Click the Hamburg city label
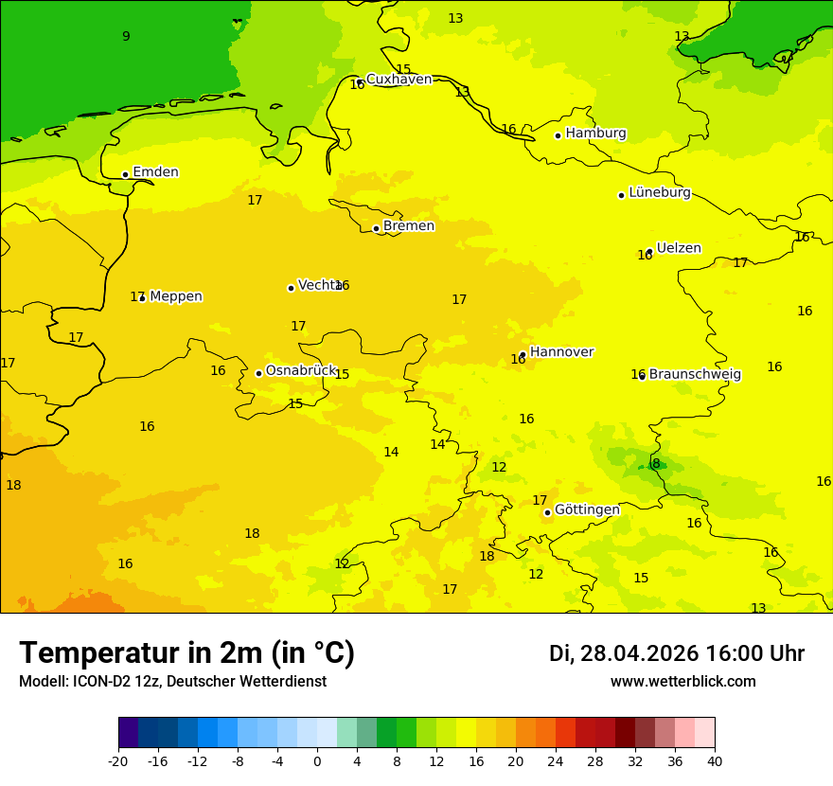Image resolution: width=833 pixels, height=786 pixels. coord(595,134)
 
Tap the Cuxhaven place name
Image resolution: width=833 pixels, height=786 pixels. coord(399,80)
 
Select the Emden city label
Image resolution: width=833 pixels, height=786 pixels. coord(155,172)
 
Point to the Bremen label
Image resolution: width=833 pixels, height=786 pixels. coord(409,226)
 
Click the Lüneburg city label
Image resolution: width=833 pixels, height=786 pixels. coord(659,193)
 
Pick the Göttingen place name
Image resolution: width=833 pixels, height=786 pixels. coord(587,509)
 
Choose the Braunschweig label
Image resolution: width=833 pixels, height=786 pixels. coord(695,374)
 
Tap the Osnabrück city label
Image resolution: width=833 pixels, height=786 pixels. coord(301,370)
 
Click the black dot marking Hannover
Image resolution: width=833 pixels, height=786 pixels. coord(523,355)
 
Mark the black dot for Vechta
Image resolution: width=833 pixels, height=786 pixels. coord(291,288)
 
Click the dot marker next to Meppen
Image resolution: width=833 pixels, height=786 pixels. coord(142,298)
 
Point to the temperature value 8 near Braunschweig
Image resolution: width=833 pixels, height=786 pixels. coord(656,463)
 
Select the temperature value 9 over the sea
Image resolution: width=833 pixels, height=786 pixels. coord(126,37)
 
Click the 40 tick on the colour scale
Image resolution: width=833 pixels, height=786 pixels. coord(714,761)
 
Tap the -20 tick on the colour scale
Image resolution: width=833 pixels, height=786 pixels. coord(118,761)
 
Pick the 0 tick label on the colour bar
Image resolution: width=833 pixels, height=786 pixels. coord(317,761)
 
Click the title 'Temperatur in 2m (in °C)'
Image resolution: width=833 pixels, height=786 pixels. coord(186,653)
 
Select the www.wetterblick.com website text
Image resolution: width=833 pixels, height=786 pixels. coord(682,682)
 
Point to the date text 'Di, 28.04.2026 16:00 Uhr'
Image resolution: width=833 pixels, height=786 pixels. coord(676,653)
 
